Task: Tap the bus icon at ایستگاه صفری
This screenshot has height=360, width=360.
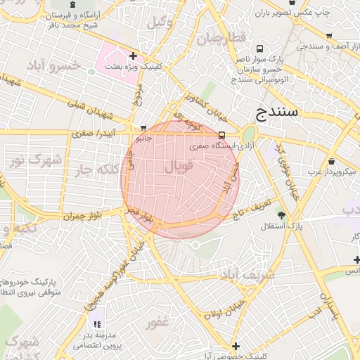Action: pyautogui.click(x=222, y=135)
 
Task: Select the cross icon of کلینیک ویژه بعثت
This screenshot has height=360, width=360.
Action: pyautogui.click(x=133, y=55)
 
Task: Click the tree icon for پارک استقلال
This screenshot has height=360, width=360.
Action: pyautogui.click(x=282, y=214)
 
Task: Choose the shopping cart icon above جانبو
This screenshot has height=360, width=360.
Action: pyautogui.click(x=143, y=129)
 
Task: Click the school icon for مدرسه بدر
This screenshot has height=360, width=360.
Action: pyautogui.click(x=97, y=324)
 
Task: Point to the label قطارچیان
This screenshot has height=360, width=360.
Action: pyautogui.click(x=226, y=37)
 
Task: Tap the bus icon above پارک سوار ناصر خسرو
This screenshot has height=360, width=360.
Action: pyautogui.click(x=260, y=49)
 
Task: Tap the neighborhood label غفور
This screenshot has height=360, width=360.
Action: pyautogui.click(x=156, y=323)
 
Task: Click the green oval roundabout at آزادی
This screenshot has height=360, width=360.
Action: pyautogui.click(x=248, y=134)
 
